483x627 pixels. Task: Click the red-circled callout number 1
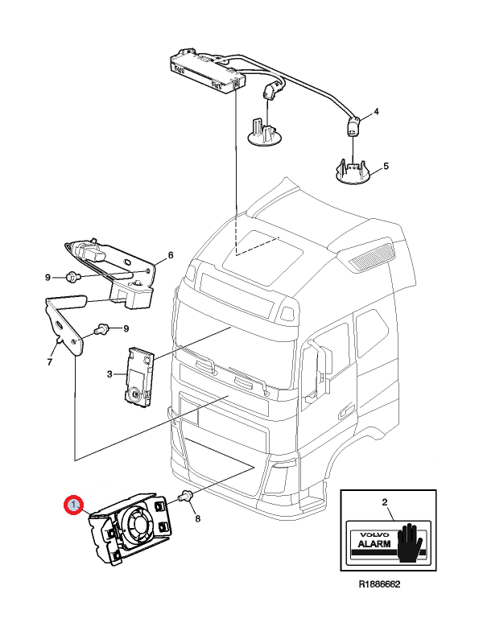pyautogui.click(x=73, y=505)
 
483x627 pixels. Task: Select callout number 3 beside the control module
pyautogui.click(x=109, y=374)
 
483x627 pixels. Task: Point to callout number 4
pyautogui.click(x=376, y=110)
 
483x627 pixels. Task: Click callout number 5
pyautogui.click(x=386, y=167)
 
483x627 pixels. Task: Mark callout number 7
pyautogui.click(x=49, y=361)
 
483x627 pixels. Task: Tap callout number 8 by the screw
pyautogui.click(x=197, y=519)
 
